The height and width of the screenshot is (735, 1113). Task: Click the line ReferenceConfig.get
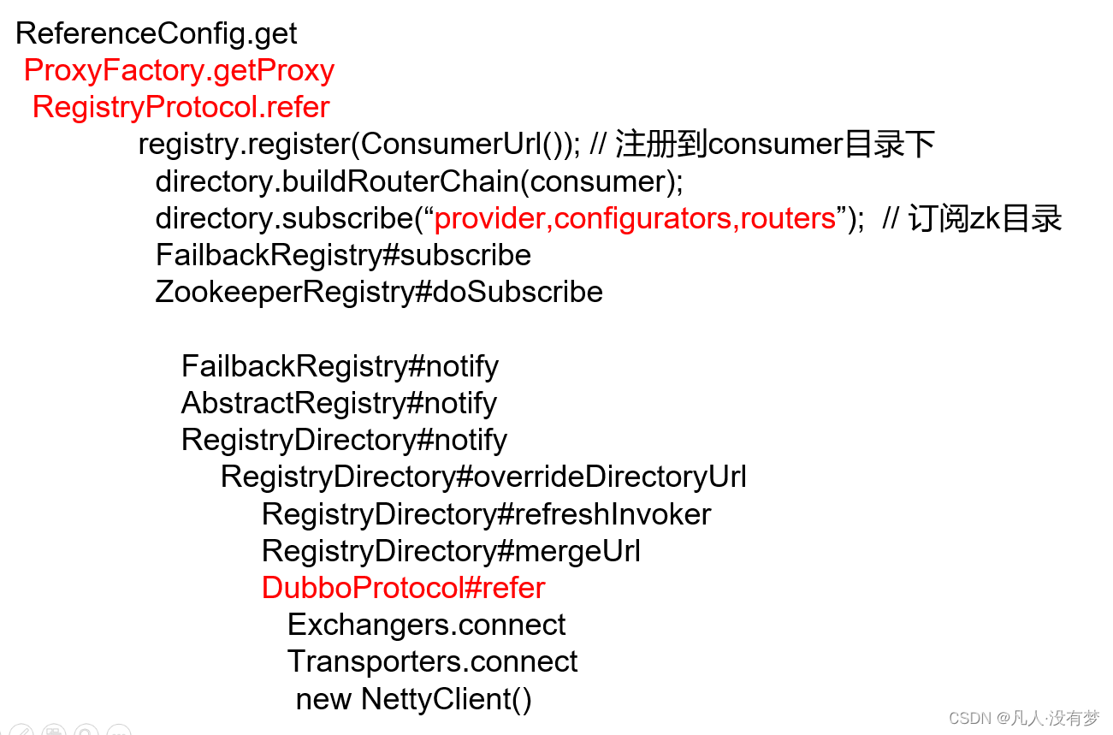[157, 33]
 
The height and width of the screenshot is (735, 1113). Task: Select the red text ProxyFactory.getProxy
[179, 70]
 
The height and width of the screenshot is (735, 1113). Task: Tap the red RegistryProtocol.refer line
[181, 107]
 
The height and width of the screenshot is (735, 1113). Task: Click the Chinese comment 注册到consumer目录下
[774, 144]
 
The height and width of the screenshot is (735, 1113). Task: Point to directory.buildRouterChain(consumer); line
[419, 181]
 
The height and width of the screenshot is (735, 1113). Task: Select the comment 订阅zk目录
[984, 218]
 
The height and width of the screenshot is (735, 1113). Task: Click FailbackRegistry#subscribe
[343, 255]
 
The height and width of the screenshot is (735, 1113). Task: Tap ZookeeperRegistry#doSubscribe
[379, 292]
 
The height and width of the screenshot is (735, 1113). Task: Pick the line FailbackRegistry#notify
[340, 366]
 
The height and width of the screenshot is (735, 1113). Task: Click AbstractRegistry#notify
[339, 403]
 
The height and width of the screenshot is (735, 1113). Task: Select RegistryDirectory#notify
[344, 440]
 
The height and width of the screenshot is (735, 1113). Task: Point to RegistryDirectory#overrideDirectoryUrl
[483, 477]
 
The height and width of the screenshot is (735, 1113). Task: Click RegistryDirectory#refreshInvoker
[486, 514]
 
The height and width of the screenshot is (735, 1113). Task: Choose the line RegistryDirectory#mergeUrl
[451, 551]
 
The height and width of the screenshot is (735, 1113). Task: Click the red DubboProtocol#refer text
[403, 588]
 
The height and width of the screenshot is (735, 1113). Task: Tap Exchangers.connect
[426, 625]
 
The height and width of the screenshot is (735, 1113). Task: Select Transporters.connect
[432, 661]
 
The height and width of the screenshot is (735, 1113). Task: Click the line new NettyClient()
[413, 699]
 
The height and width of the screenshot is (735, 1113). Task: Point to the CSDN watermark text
[1023, 718]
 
